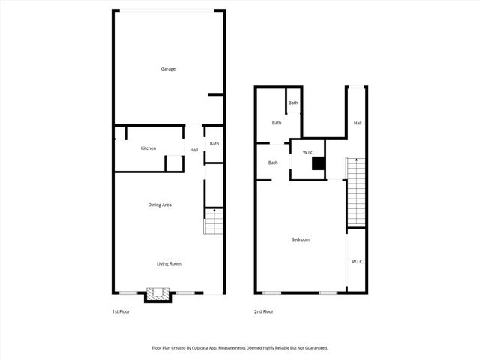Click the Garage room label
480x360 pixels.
[x=168, y=69]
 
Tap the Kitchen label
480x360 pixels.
[x=148, y=148]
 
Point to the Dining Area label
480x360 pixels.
[x=160, y=205]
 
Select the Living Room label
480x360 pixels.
[x=169, y=263]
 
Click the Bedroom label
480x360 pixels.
[x=301, y=239]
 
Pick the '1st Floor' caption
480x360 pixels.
[x=120, y=311]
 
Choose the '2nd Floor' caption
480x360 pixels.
[x=263, y=311]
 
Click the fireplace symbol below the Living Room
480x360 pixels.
[x=159, y=294]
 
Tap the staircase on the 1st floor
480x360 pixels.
[x=214, y=221]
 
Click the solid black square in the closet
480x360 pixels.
[x=319, y=163]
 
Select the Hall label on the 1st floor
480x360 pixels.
[x=194, y=150]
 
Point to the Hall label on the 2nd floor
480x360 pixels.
[x=358, y=123]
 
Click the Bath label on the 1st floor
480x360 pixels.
[x=214, y=144]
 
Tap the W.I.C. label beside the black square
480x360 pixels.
[x=308, y=152]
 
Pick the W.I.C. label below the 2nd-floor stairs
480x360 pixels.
[x=358, y=261]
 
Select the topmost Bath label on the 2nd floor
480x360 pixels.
[x=293, y=103]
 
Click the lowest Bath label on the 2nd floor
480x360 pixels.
[x=273, y=163]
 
